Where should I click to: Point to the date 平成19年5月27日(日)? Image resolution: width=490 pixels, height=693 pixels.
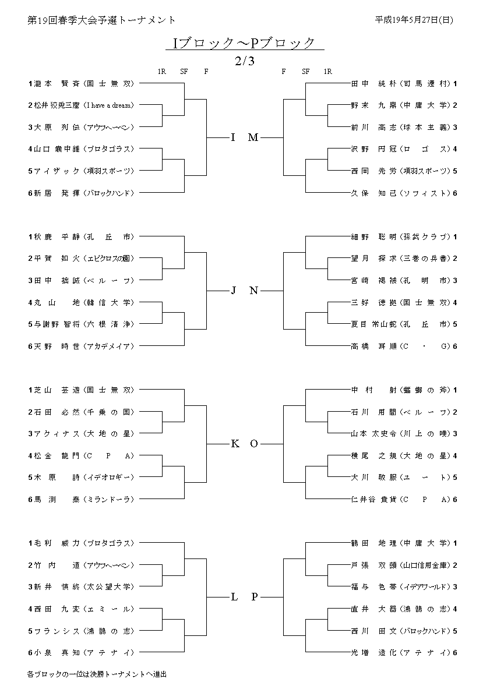point(414,20)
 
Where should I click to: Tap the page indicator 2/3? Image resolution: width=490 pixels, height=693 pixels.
point(244,60)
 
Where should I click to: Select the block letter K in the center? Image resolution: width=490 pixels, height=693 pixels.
point(235,444)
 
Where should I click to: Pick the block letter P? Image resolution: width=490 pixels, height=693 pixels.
point(255,596)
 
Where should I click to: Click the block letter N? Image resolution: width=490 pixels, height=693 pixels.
point(254,291)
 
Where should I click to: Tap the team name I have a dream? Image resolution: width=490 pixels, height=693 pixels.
point(109,105)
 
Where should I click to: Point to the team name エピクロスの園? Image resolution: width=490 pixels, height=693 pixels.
point(109,259)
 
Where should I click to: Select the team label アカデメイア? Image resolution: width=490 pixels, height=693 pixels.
point(109,346)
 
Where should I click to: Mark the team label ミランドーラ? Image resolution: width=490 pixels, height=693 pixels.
point(109,499)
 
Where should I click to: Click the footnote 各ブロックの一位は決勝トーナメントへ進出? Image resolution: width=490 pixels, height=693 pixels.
point(97,674)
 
